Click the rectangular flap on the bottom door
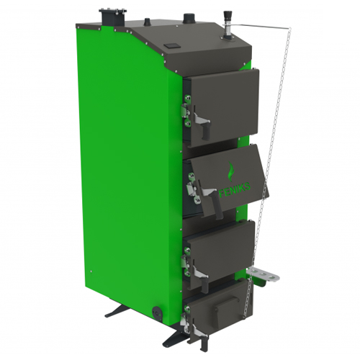coord(227,307)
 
